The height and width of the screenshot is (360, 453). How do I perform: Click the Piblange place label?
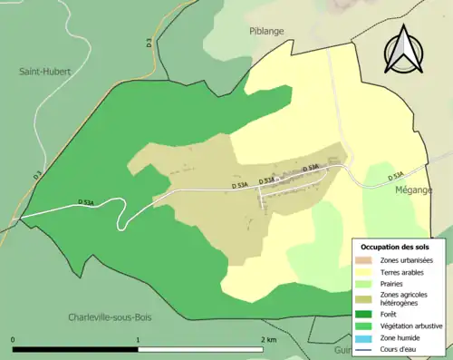(267, 30)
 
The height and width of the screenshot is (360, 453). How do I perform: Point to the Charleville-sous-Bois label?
(113, 317)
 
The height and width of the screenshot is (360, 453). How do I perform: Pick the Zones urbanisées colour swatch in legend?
(366, 260)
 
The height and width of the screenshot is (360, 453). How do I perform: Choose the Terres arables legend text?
(404, 271)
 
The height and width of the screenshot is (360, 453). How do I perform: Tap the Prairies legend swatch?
(366, 283)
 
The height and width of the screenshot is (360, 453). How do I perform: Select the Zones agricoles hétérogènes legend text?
(405, 299)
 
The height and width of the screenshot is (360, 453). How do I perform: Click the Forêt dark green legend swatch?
(366, 316)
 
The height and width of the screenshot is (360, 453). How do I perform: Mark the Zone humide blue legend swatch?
(366, 337)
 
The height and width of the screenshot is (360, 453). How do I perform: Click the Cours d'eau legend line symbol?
(366, 348)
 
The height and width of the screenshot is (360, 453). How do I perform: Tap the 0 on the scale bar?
(14, 340)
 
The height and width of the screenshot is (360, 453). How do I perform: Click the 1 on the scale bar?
(138, 340)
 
